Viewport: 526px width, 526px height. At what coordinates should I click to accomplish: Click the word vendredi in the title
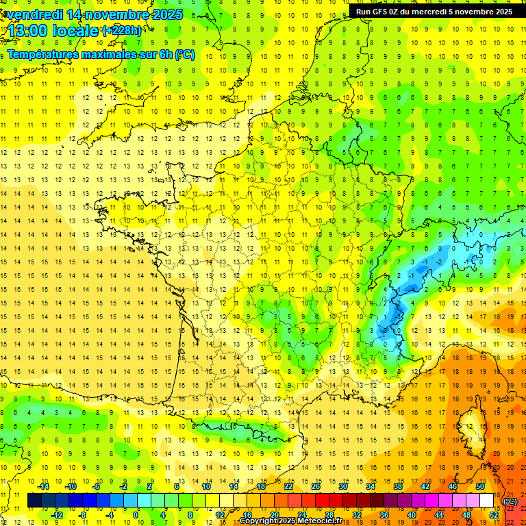point(35,14)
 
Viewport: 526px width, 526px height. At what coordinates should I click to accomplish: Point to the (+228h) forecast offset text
point(121,30)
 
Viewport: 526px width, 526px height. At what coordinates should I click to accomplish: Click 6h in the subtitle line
point(165,54)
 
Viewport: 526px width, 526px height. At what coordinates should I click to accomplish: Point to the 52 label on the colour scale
point(494,514)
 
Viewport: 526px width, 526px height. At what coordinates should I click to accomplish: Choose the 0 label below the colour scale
point(136,514)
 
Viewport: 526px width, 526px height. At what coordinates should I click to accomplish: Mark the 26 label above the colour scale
point(316,486)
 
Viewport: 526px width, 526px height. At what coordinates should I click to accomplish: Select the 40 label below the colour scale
point(412,514)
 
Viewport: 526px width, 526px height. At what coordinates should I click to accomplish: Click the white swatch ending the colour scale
point(487,501)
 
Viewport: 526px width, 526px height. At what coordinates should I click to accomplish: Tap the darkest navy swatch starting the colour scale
point(34,501)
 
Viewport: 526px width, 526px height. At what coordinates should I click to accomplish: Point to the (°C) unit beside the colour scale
point(510,501)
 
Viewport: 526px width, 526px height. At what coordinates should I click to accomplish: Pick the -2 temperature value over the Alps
point(426,262)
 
